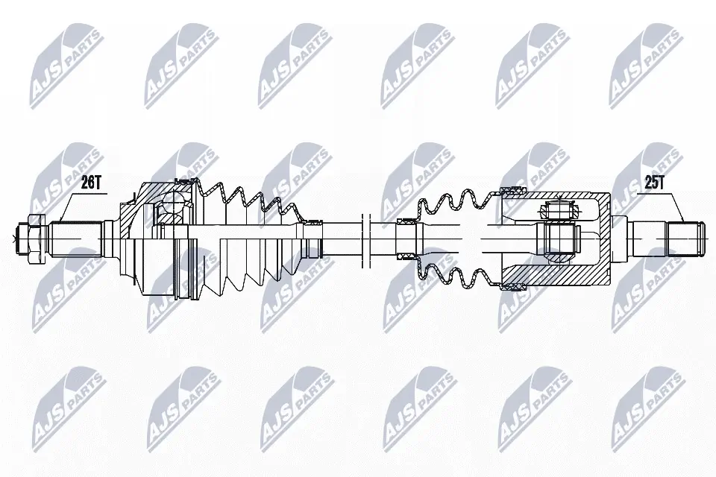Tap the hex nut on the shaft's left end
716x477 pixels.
point(32,238)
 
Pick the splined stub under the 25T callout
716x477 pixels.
point(685,238)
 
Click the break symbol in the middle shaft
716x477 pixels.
point(365,238)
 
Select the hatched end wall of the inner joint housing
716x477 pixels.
point(602,238)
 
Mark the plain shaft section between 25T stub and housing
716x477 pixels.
point(641,238)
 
